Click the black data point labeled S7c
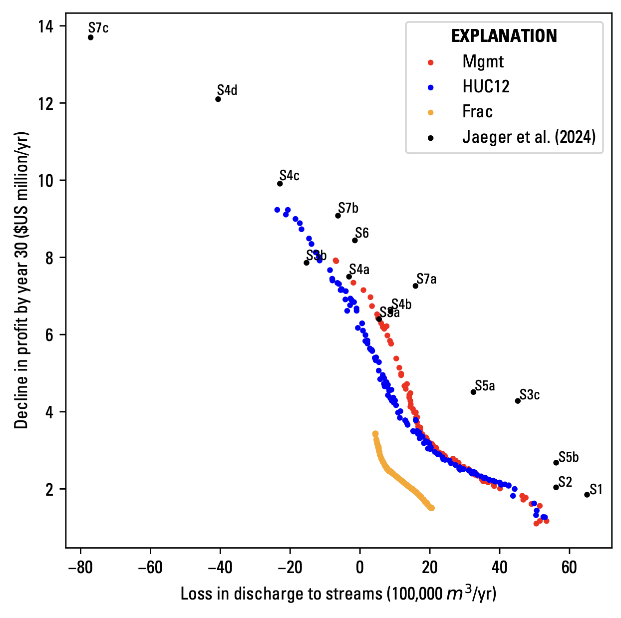90,37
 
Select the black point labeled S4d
218,99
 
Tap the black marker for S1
587,495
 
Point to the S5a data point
473,392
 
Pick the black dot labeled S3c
518,401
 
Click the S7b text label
348,208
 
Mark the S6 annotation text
362,233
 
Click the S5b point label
569,457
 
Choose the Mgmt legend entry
483,62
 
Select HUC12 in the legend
486,87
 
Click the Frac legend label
477,112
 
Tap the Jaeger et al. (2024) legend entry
529,137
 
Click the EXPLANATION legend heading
504,36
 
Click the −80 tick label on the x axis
80,568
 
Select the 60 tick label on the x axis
569,568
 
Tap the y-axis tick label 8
49,258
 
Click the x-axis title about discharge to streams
338,594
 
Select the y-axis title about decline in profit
21,280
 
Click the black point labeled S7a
415,286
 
